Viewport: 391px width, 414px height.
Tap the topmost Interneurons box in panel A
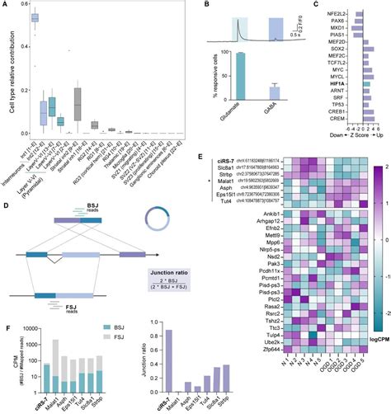pos(35,17)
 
